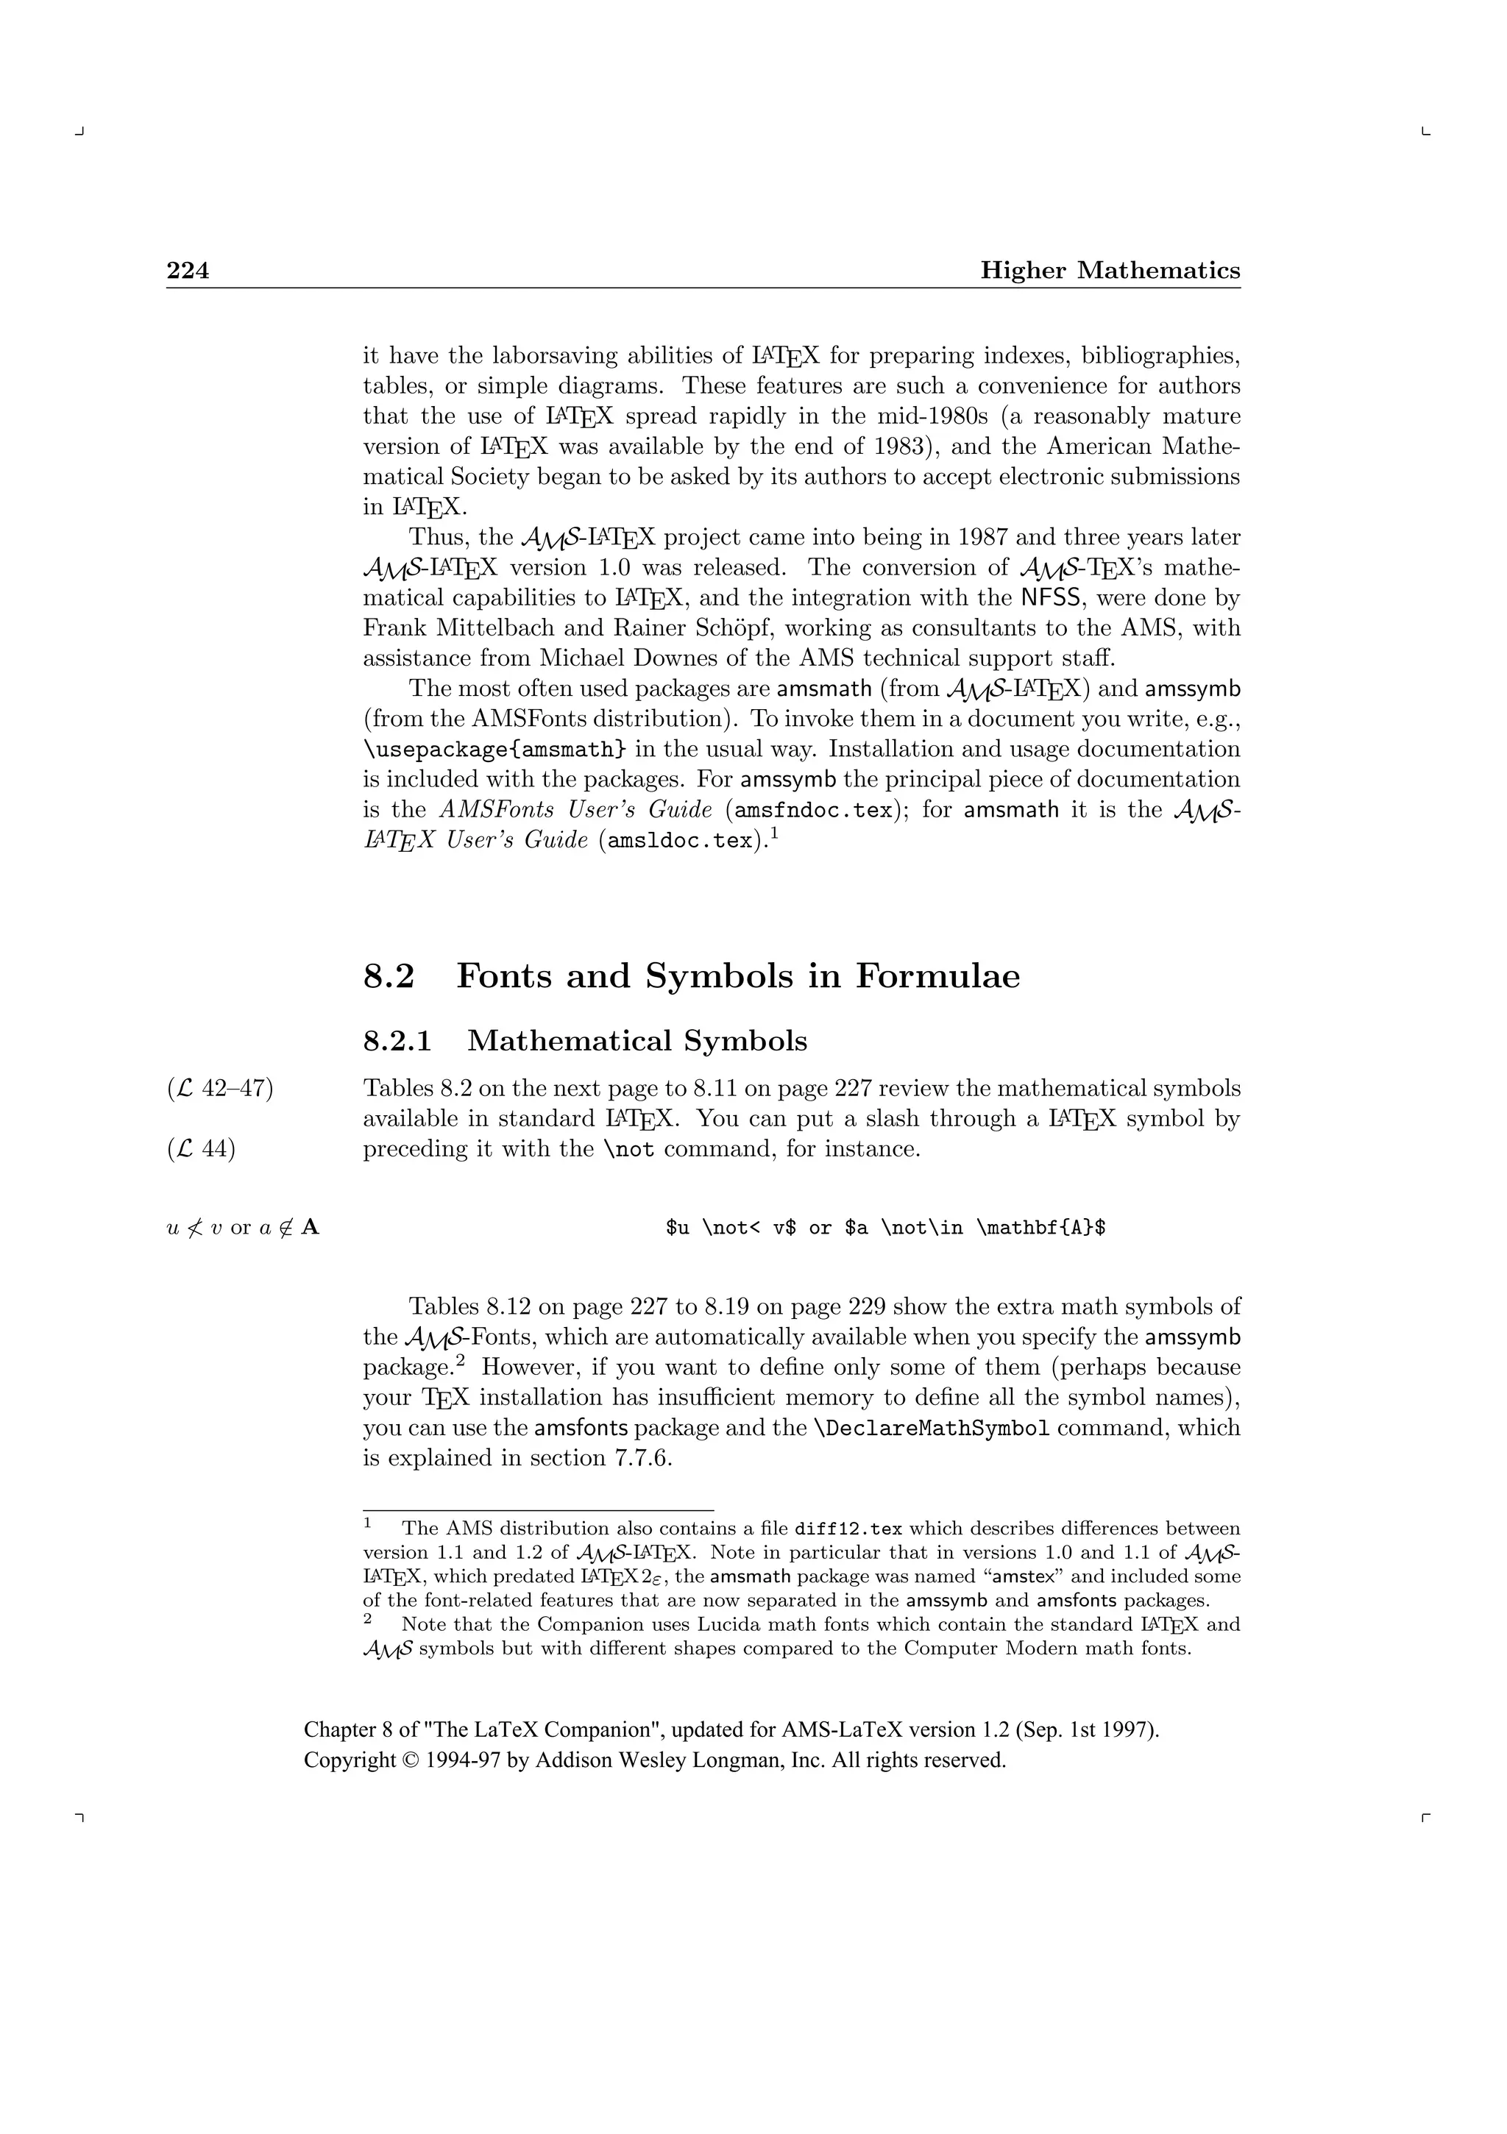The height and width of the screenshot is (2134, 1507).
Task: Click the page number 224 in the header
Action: (x=188, y=271)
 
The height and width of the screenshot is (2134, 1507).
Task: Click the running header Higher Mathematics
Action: (x=1110, y=271)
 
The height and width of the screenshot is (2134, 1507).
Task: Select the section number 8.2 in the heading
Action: (x=389, y=976)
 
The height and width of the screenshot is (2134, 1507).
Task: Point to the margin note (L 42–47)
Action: (x=220, y=1089)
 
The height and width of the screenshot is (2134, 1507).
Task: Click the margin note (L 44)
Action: (x=202, y=1150)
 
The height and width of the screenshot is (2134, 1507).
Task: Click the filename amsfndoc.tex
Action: (x=813, y=811)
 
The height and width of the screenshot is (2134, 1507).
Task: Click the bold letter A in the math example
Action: (x=311, y=1228)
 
